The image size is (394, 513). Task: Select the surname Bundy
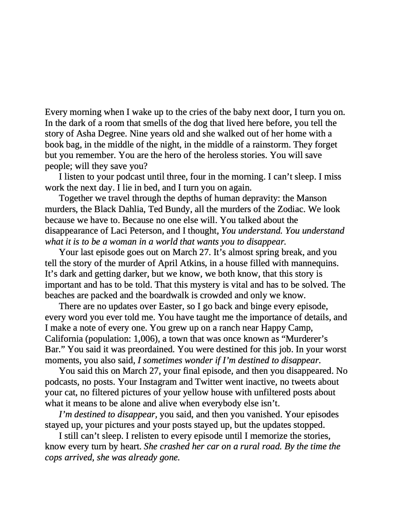(x=174, y=209)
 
